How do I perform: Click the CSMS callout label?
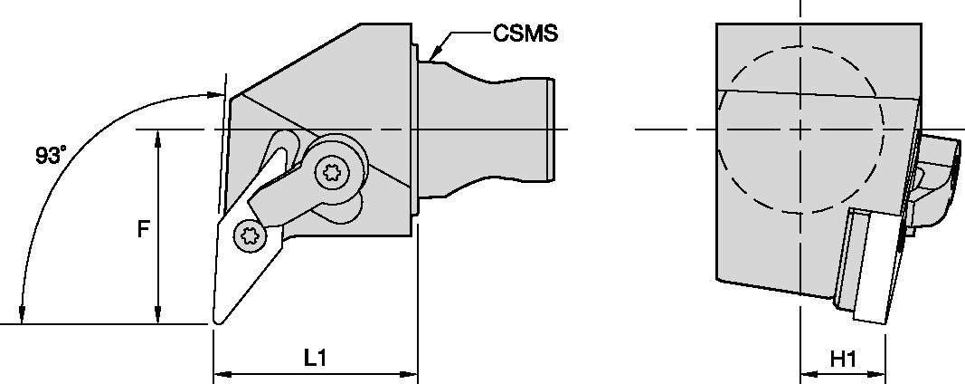tap(525, 34)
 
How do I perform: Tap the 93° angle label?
tap(50, 156)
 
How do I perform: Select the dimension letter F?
tap(143, 230)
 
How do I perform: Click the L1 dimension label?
tap(315, 359)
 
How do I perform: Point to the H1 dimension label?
tap(843, 359)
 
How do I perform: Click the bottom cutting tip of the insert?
tap(218, 319)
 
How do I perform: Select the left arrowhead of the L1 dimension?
tap(218, 372)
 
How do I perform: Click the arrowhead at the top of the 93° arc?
tap(215, 94)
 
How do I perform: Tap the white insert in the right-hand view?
tap(870, 267)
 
